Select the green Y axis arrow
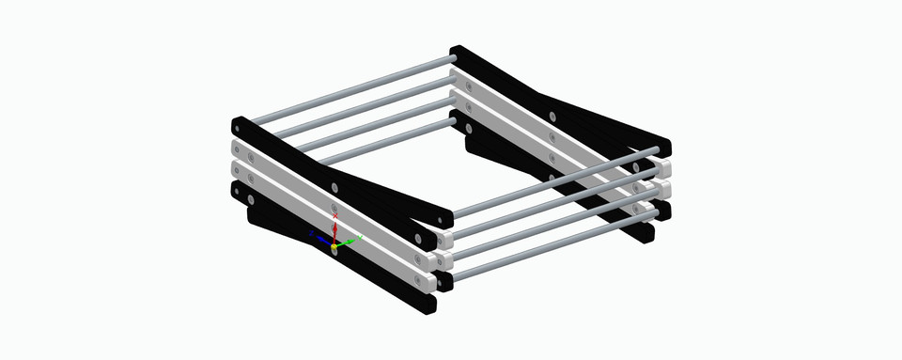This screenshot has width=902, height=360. (349, 242)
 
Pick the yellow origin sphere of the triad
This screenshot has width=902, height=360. (334, 246)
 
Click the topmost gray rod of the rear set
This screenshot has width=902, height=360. (348, 91)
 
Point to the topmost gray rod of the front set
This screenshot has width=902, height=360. (554, 176)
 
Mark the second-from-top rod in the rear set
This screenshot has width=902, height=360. (352, 106)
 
